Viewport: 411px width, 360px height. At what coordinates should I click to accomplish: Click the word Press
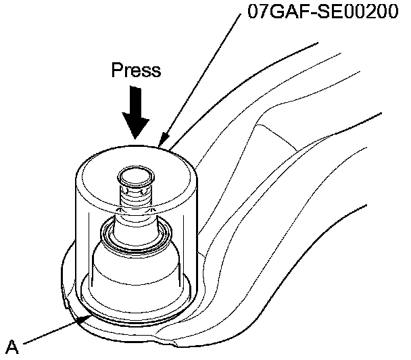pyautogui.click(x=136, y=71)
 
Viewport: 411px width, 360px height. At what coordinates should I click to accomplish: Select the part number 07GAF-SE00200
pyautogui.click(x=322, y=14)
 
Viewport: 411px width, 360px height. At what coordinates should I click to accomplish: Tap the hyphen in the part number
pyautogui.click(x=309, y=14)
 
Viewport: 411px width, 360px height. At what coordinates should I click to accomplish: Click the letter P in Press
pyautogui.click(x=116, y=71)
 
